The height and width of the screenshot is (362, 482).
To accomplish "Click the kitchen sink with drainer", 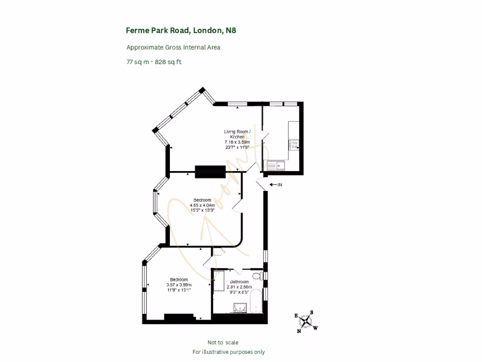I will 274,165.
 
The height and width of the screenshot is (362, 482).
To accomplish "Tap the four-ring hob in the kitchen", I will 294,145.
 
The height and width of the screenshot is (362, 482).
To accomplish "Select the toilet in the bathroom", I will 257,276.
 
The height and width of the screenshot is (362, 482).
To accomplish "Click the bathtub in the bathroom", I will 256,302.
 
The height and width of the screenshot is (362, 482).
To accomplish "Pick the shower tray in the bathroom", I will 219,281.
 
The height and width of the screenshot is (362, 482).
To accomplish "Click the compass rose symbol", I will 307,321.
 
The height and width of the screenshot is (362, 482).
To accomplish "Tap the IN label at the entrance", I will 279,185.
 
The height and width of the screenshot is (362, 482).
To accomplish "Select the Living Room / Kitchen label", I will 237,134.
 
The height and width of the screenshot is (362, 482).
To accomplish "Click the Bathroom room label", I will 239,282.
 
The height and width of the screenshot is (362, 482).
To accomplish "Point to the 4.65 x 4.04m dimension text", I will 202,205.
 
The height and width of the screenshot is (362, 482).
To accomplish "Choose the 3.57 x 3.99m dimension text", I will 179,285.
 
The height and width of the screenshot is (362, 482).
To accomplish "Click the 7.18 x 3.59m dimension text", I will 237,142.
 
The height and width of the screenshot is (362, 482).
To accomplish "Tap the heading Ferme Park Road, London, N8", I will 181,31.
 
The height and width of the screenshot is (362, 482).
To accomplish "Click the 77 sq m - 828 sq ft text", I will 154,62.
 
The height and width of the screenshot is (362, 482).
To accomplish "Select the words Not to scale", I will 226,343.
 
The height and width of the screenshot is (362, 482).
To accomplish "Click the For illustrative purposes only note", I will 229,352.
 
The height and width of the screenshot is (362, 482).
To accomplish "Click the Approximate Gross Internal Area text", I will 173,47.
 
